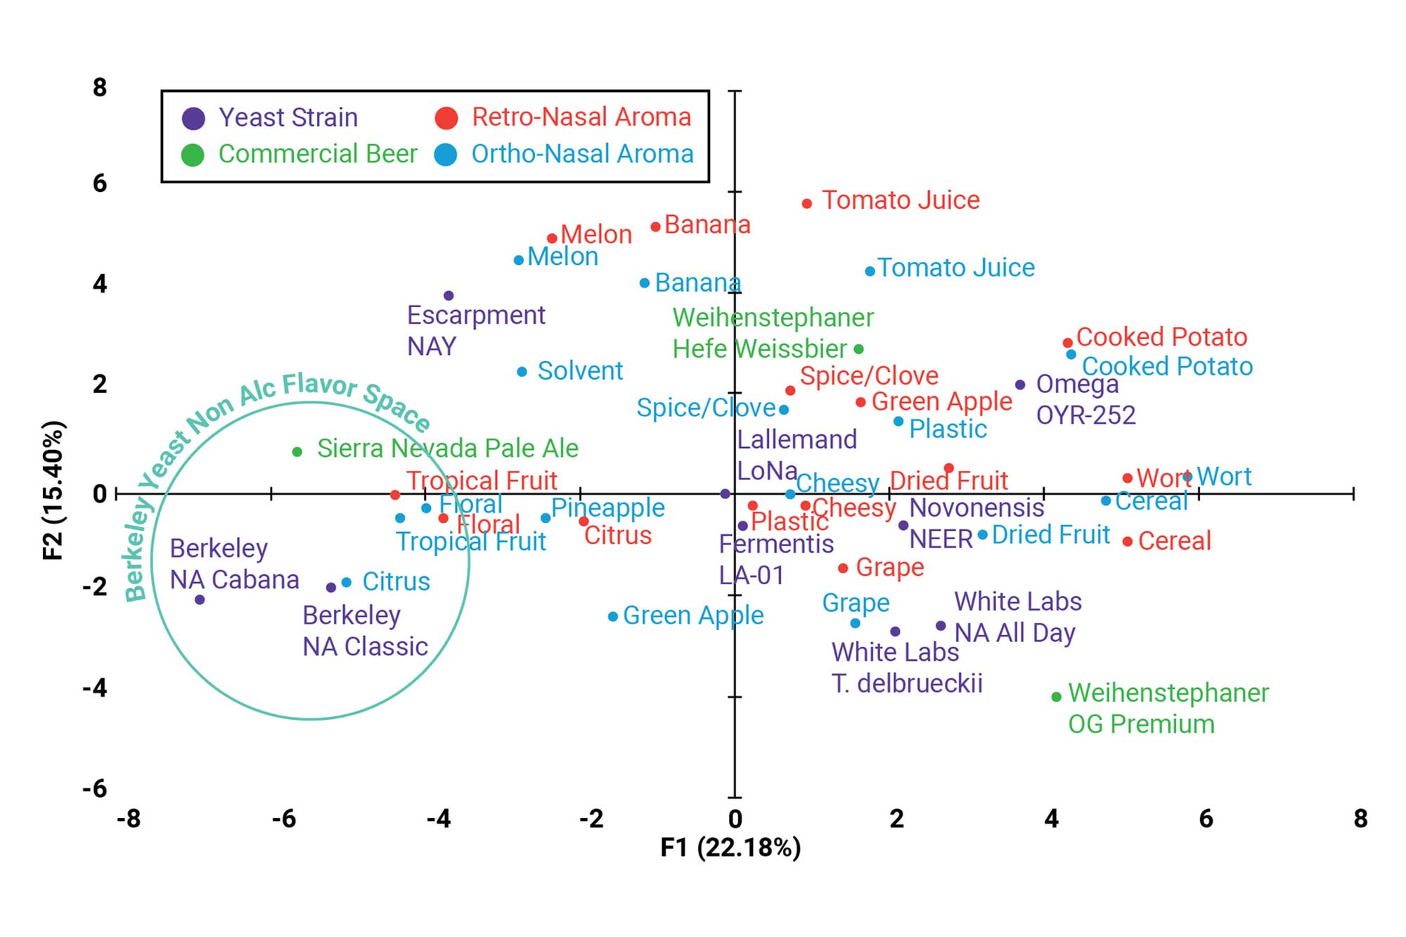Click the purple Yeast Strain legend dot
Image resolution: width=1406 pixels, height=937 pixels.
point(193,119)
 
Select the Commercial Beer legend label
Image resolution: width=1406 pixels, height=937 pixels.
point(318,154)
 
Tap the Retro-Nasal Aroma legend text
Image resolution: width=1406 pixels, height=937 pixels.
point(581,117)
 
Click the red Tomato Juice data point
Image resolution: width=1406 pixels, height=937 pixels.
point(807,204)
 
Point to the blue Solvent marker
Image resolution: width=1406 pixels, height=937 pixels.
point(522,372)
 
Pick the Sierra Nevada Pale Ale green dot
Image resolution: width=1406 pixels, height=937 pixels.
point(297,452)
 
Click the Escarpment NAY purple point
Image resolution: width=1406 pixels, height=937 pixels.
point(449,296)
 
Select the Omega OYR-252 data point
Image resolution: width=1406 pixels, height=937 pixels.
point(1020,385)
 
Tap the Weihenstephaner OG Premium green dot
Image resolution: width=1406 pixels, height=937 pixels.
point(1056,697)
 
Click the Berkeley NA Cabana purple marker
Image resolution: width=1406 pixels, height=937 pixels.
point(200,600)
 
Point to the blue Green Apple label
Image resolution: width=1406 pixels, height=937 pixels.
point(693,616)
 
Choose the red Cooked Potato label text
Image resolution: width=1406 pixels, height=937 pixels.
point(1161,337)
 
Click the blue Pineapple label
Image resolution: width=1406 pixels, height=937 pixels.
point(607,508)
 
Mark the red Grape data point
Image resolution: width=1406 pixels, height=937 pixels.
point(843,568)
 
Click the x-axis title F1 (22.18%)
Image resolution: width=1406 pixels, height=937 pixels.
point(730,848)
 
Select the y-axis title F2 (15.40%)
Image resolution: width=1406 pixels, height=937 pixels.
point(54,490)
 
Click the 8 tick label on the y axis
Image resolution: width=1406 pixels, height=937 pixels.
point(100,88)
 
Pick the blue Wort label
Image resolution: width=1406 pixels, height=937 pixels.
point(1224,477)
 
